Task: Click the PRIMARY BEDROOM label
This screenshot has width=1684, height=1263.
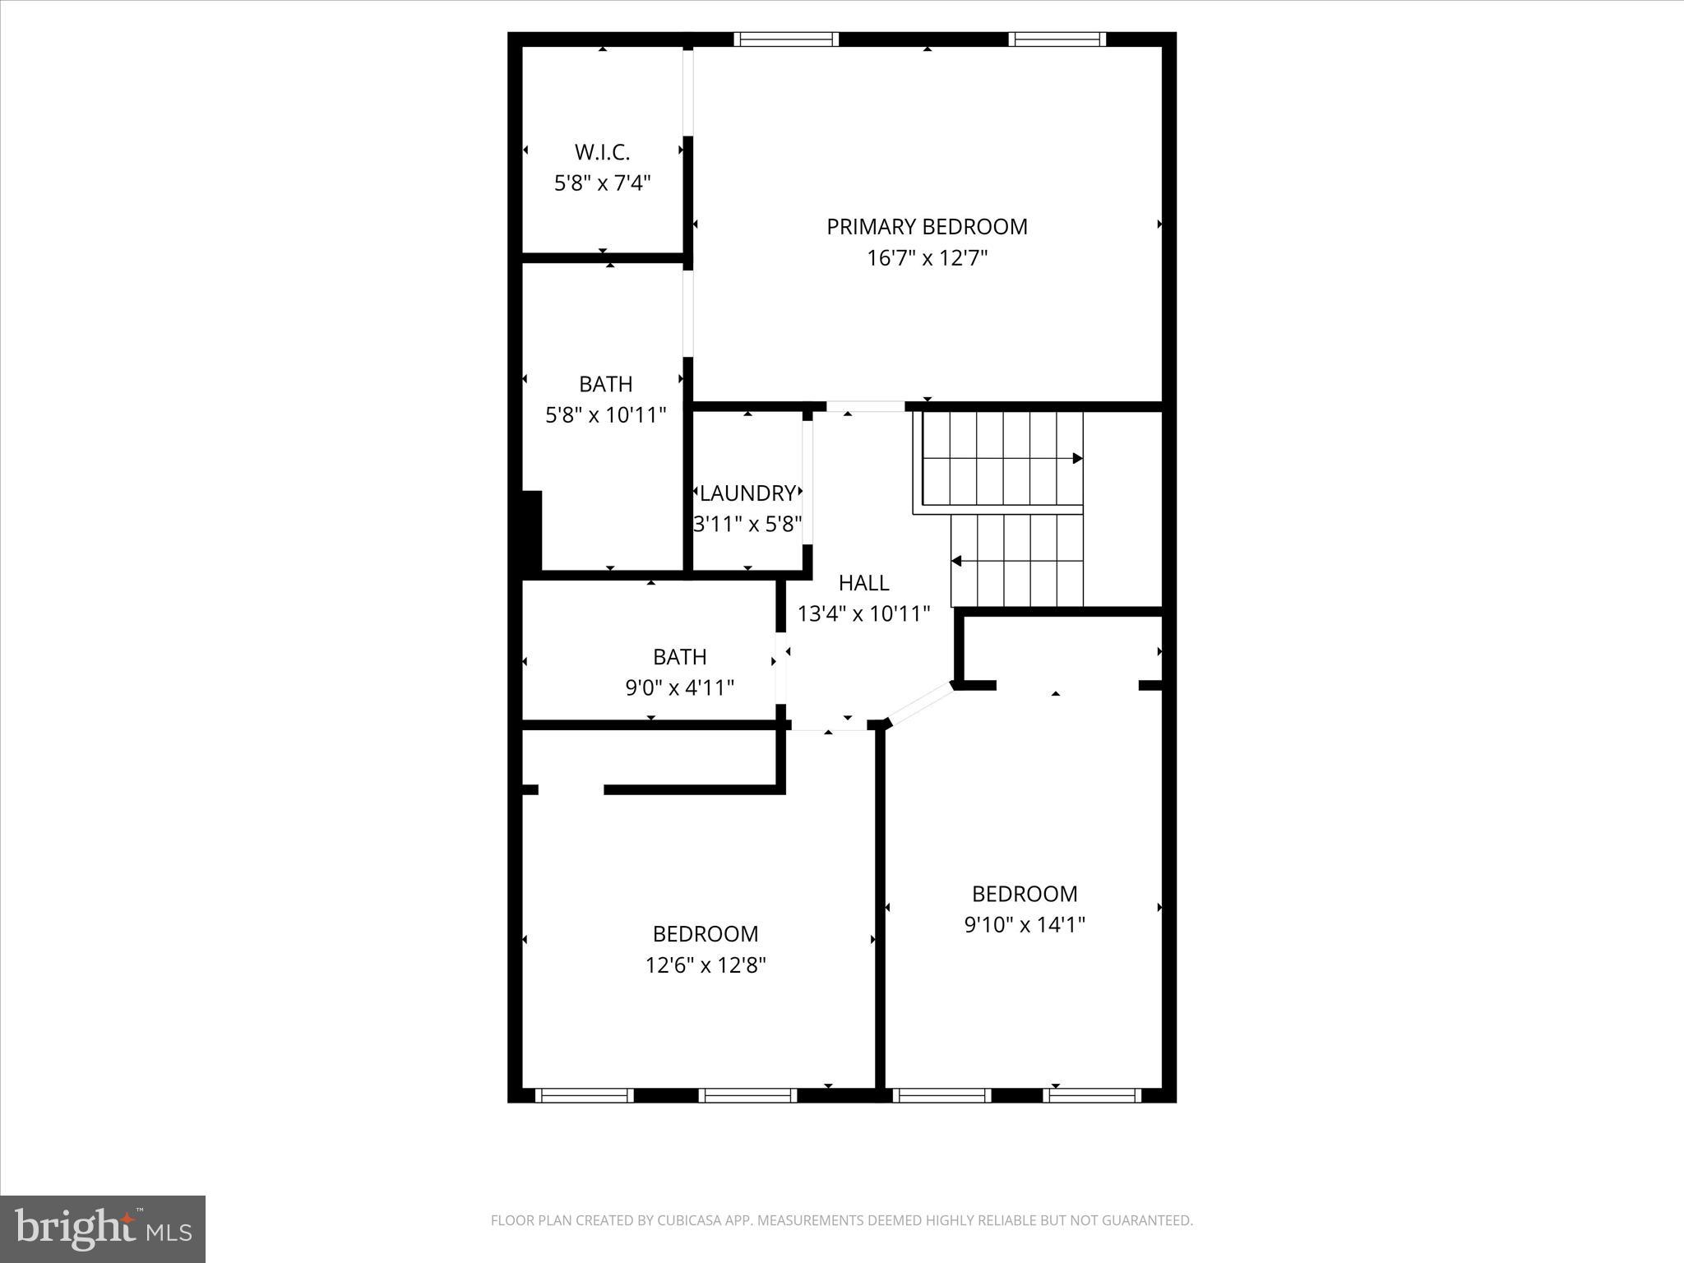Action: click(927, 227)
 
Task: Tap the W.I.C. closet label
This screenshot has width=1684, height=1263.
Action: click(602, 152)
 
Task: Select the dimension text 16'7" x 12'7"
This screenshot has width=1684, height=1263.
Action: click(927, 258)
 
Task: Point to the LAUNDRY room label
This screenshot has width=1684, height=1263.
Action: click(747, 493)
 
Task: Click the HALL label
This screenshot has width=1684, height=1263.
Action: click(863, 583)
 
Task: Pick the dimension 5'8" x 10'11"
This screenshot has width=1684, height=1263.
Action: click(606, 415)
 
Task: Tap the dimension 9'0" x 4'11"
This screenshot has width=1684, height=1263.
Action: click(679, 687)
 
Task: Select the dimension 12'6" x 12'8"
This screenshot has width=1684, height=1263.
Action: click(706, 965)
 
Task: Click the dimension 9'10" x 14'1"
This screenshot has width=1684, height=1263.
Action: click(1025, 925)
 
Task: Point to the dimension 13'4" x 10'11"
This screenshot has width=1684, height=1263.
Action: click(863, 613)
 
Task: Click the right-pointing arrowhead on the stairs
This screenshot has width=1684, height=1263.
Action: click(1077, 458)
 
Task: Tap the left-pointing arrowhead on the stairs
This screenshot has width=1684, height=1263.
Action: click(957, 562)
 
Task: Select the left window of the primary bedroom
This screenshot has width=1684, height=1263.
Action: click(786, 39)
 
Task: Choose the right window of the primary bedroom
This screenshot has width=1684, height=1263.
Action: click(1057, 39)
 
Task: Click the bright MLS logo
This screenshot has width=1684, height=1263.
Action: click(103, 1228)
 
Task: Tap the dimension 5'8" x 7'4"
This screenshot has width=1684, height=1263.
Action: click(602, 183)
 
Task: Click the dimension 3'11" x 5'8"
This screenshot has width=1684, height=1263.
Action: click(747, 524)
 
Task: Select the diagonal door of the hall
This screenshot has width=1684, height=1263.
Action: click(922, 705)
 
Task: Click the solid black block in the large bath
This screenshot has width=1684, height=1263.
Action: click(530, 530)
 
